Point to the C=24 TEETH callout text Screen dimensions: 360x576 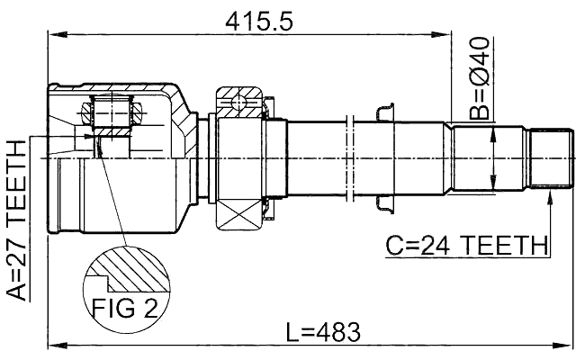pyautogui.click(x=466, y=244)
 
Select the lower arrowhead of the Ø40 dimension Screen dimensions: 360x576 pyautogui.click(x=491, y=186)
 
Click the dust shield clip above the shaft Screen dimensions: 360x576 pyautogui.click(x=383, y=112)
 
